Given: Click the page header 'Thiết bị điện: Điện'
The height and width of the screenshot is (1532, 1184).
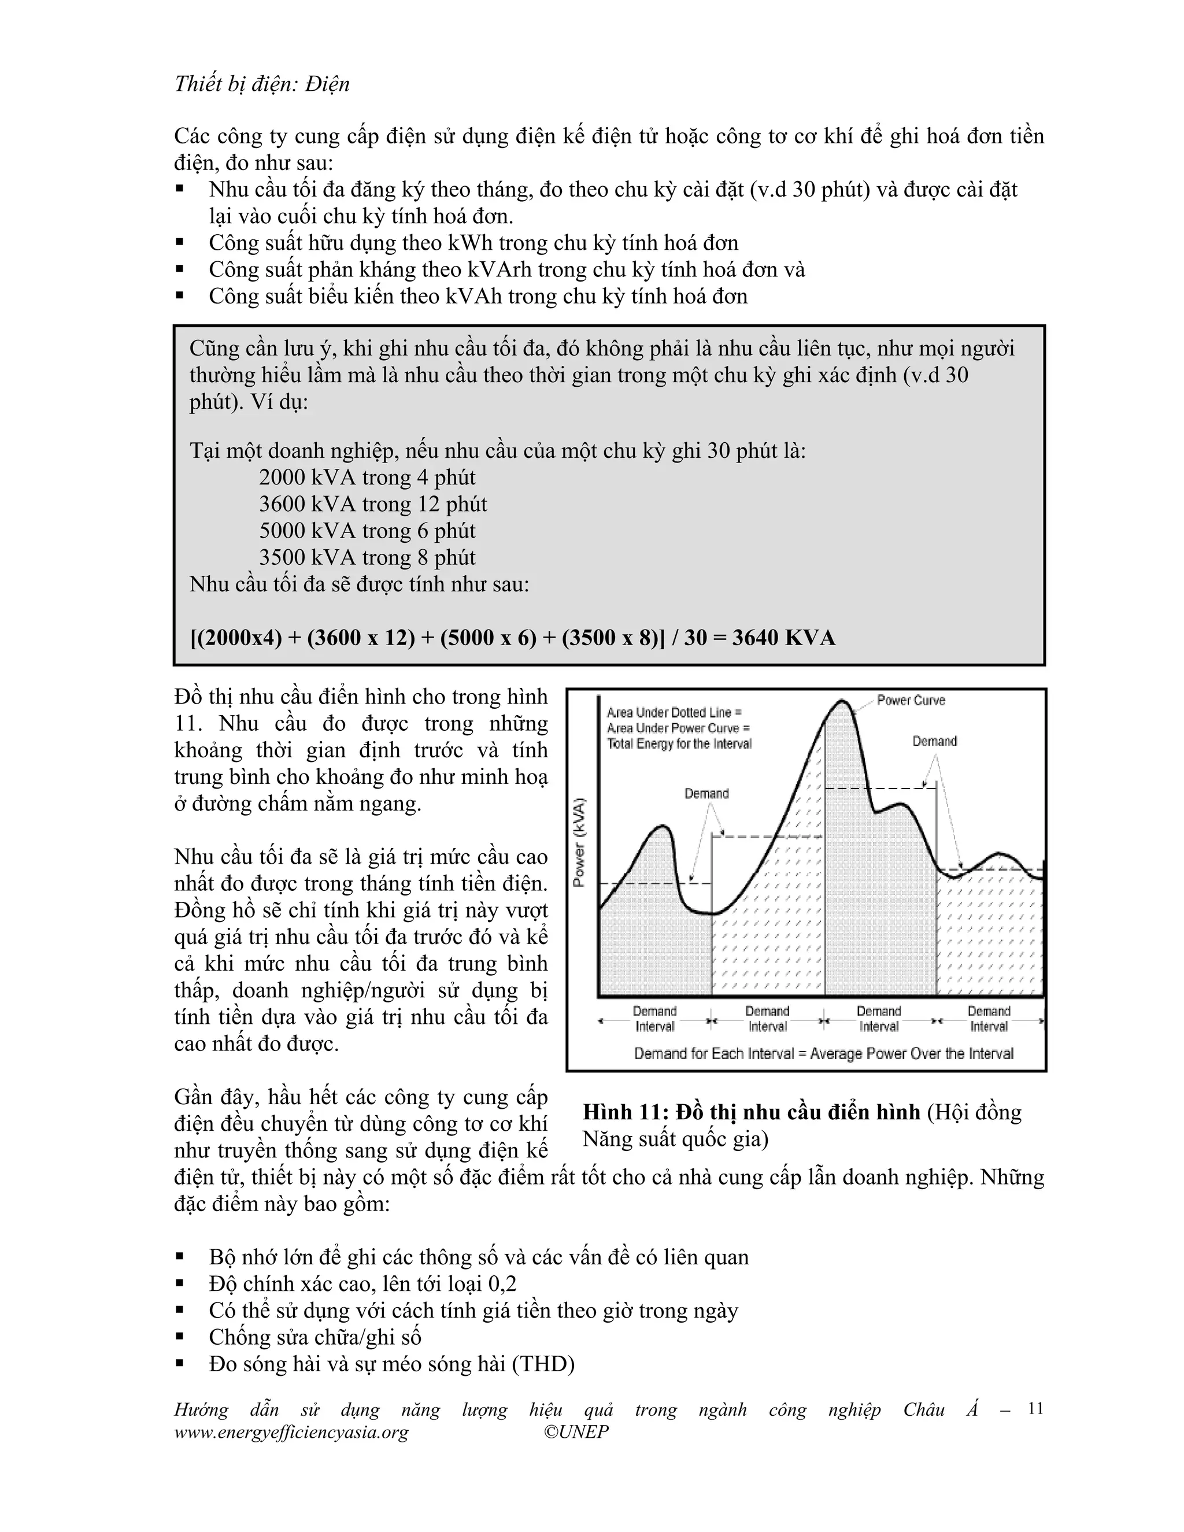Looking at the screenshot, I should (x=262, y=84).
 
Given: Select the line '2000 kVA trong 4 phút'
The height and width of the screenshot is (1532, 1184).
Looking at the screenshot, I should (x=367, y=478).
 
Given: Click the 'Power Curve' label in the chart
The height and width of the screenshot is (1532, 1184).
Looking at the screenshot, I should (x=911, y=700).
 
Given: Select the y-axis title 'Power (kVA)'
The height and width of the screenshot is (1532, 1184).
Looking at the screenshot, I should (x=579, y=842).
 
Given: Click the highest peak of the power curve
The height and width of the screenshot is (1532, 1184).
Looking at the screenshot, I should (x=841, y=701).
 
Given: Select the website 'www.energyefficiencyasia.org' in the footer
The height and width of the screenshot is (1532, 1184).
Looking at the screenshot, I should (x=291, y=1431).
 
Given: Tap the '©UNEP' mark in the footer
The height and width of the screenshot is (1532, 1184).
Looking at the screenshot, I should (x=576, y=1431).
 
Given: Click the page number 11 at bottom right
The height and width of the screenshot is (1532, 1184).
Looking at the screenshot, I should (x=1035, y=1408).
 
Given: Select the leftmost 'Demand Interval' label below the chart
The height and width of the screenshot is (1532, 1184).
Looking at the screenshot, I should (x=654, y=1019).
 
